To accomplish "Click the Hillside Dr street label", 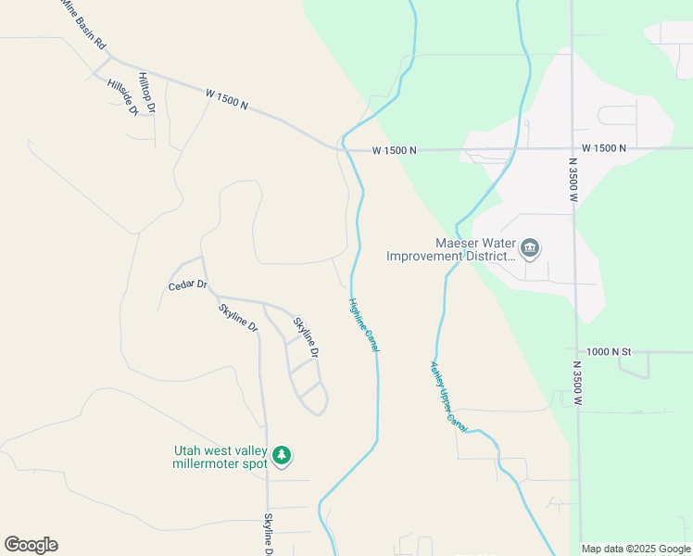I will pos(122,97).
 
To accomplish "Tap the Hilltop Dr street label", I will pos(146,93).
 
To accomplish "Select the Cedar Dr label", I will pos(187,285).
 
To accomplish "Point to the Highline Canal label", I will pos(364,324).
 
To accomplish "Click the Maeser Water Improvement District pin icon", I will pos(530,247).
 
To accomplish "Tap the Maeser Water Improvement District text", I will pos(449,249).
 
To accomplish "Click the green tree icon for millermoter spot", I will pos(283,456).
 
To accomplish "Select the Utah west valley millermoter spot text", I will pos(220,458).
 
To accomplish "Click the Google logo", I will pos(31,545).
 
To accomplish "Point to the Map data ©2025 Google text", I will pos(635,549).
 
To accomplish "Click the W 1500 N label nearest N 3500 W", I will pos(604,148).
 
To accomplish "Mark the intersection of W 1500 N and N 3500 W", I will pos(573,148).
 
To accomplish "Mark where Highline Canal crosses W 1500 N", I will pos(343,146).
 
